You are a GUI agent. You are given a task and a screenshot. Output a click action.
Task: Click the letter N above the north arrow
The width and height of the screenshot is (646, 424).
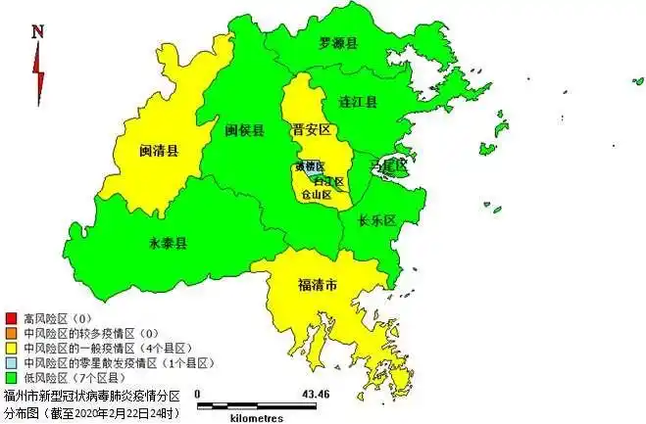[37, 31]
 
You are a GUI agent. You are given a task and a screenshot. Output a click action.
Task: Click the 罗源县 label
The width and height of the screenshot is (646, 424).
[338, 43]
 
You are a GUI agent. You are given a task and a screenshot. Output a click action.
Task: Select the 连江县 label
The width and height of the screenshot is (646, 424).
[358, 101]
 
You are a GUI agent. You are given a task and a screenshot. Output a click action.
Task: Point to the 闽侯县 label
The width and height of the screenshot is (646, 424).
[244, 130]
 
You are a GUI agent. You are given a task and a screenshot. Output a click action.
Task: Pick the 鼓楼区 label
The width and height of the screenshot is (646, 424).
[307, 167]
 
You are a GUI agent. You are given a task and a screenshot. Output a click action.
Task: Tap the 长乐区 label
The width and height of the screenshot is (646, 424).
[375, 220]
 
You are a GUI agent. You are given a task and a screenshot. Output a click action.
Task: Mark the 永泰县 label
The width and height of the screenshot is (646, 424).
[168, 242]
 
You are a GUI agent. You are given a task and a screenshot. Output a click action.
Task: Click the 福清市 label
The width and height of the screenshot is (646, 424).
[318, 286]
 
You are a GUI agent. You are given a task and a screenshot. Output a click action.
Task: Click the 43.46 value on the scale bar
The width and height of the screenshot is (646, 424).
[316, 394]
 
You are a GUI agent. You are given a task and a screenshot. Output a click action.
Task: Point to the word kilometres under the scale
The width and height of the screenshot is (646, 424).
[260, 417]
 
